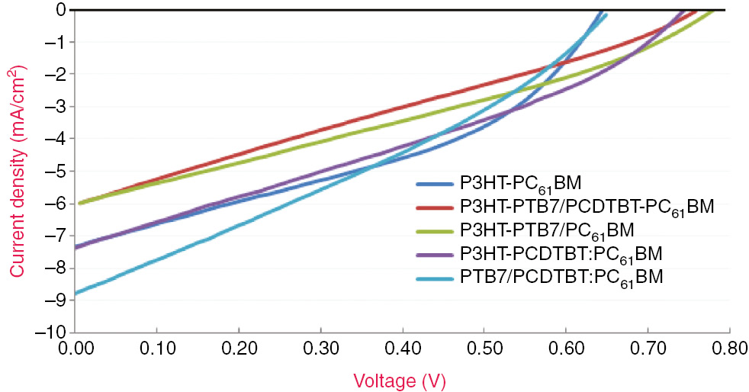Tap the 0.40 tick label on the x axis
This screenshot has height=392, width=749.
[x=402, y=349]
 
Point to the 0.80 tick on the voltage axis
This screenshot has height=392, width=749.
[x=729, y=349]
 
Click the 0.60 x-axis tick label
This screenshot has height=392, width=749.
[x=566, y=349]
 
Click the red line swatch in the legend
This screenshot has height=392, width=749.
[x=436, y=207]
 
